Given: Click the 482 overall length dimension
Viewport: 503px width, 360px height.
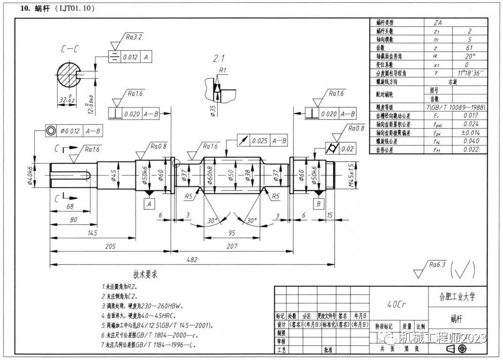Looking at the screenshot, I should point(192,260).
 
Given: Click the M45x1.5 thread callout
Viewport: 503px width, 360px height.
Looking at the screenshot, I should point(352,175).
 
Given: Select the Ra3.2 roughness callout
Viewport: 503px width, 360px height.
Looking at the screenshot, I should point(134,36).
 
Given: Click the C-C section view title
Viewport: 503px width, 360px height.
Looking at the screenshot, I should point(69,48).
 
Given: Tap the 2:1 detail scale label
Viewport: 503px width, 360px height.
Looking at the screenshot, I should point(219,59).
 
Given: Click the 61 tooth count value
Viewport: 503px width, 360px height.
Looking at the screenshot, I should point(469,47).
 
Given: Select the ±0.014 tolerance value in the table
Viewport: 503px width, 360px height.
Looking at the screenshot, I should point(469,133).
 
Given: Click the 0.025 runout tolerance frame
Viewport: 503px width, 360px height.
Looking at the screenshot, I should point(259,140).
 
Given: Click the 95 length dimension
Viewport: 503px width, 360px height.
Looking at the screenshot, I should point(232,233).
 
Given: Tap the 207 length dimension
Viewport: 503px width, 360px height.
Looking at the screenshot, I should point(232,246).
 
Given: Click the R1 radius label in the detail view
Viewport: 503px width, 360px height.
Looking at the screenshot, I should point(223,70).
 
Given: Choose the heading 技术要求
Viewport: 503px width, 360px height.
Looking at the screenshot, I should point(146,274).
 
